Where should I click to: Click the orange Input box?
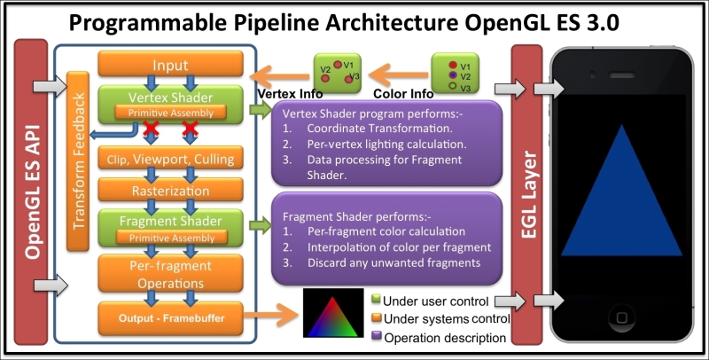click(x=170, y=64)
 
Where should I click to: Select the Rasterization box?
click(x=170, y=190)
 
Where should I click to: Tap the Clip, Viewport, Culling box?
click(x=170, y=158)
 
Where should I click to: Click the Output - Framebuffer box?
click(x=170, y=318)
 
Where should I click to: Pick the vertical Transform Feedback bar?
click(x=78, y=161)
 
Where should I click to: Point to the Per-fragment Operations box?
click(x=170, y=274)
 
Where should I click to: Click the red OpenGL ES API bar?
click(x=31, y=192)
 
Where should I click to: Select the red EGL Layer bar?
click(x=526, y=194)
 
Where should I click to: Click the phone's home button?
click(x=622, y=318)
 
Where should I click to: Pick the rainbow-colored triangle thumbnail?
click(x=333, y=313)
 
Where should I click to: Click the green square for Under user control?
click(x=376, y=300)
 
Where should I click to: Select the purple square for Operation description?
click(x=377, y=336)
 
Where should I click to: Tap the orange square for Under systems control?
click(x=376, y=317)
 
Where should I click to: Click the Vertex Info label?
click(x=290, y=94)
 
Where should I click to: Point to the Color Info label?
click(x=403, y=94)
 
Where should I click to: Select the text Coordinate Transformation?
click(x=380, y=129)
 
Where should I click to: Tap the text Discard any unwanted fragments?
click(x=393, y=262)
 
